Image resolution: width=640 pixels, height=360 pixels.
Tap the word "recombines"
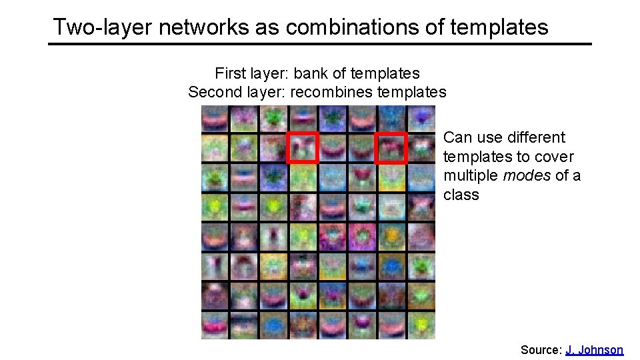pyautogui.click(x=331, y=92)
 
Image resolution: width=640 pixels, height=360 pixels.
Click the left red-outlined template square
pyautogui.click(x=303, y=147)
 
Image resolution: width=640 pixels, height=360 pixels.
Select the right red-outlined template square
pyautogui.click(x=391, y=147)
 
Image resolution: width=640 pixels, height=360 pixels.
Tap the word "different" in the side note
pyautogui.click(x=535, y=137)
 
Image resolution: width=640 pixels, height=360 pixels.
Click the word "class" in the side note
pyautogui.click(x=461, y=195)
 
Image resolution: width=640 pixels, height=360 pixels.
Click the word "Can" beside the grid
pyautogui.click(x=457, y=137)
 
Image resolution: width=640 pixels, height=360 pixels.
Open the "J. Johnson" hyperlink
pyautogui.click(x=594, y=349)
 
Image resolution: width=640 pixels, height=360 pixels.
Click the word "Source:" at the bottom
pyautogui.click(x=541, y=349)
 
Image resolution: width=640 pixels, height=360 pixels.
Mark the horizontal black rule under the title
pyautogui.click(x=319, y=44)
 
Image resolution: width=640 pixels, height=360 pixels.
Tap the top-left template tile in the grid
pyautogui.click(x=215, y=119)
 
